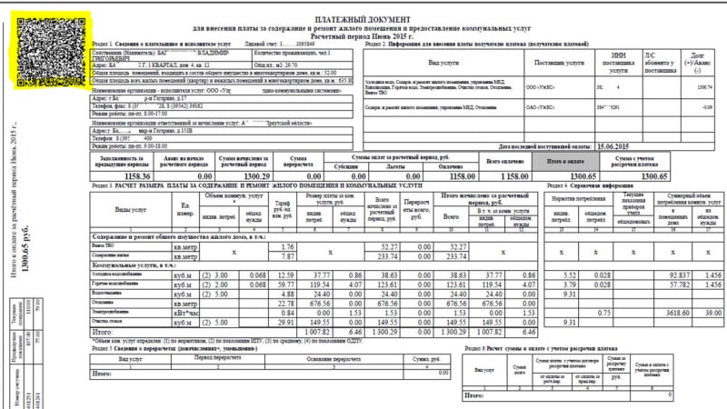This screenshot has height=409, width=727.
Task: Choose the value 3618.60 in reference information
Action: tap(666, 314)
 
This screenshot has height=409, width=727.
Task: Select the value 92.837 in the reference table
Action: tap(666, 274)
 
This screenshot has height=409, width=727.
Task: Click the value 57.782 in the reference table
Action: tap(666, 284)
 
